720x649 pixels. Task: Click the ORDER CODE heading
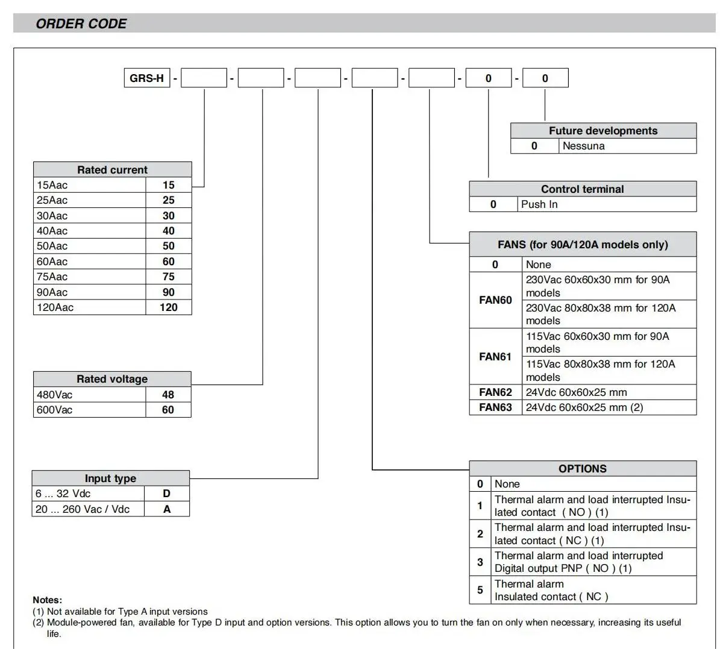81,24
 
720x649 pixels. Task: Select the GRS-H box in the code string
146,78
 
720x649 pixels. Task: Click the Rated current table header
112,170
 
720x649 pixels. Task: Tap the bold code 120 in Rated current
169,307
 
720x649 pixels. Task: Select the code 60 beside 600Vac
168,410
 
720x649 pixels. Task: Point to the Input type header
110,478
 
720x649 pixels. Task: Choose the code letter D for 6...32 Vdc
167,494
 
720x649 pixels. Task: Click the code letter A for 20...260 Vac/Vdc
167,509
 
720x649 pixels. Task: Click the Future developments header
603,131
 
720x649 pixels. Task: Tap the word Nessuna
583,146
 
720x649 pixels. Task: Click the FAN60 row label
495,300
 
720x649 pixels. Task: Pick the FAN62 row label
495,392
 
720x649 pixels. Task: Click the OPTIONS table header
583,469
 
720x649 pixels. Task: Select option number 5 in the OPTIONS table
480,590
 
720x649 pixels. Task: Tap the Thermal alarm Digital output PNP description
578,562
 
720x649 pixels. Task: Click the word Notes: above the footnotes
48,600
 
